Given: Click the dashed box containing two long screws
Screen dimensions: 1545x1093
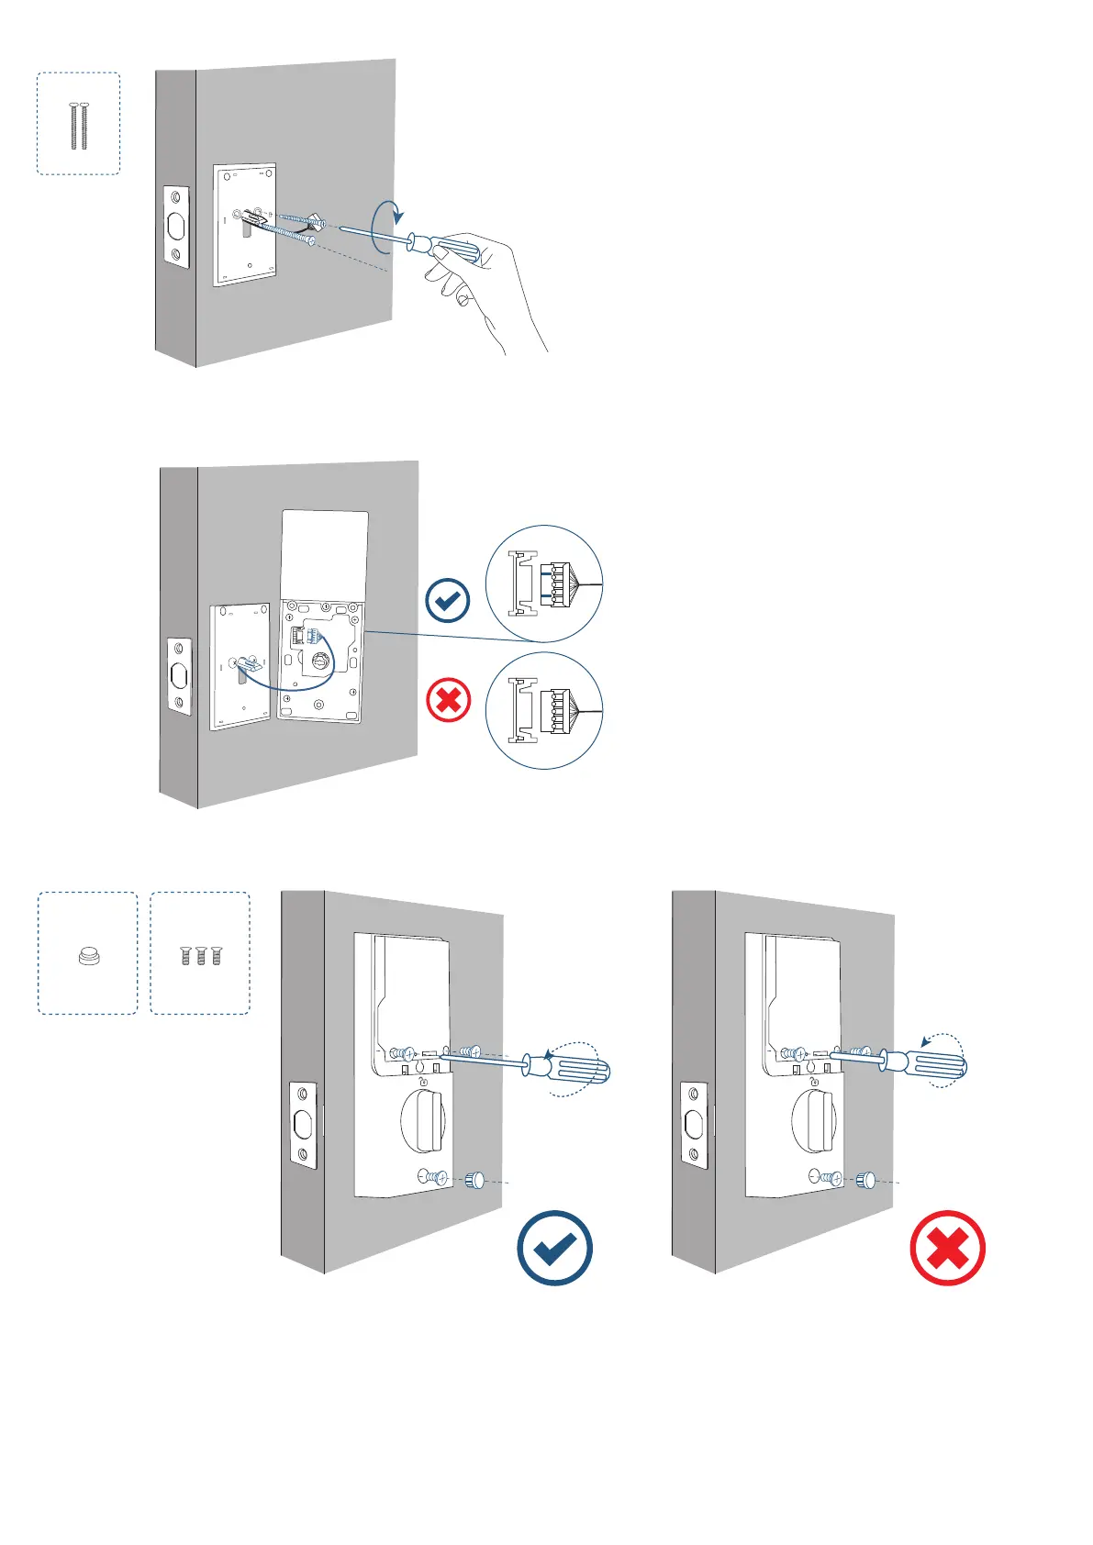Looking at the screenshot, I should (x=78, y=124).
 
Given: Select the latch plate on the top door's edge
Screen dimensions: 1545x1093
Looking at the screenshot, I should (x=176, y=228).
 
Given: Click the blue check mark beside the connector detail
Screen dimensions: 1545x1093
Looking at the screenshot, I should (x=448, y=601).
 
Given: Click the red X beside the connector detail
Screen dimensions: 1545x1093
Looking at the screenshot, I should (x=449, y=702).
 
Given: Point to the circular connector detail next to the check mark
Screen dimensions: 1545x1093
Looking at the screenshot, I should (x=544, y=584).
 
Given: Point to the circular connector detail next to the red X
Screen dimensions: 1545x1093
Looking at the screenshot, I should (x=544, y=710).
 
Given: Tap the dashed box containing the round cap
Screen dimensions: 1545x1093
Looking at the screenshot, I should (x=87, y=953).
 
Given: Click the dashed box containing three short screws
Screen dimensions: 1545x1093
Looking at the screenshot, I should (x=200, y=953).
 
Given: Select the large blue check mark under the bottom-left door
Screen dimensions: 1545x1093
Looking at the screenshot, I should (x=554, y=1248).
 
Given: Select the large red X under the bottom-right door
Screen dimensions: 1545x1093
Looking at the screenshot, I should (x=947, y=1248).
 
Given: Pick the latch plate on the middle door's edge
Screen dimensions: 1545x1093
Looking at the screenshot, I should (x=179, y=677).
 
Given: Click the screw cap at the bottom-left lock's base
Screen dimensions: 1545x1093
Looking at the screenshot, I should (x=475, y=1180).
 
